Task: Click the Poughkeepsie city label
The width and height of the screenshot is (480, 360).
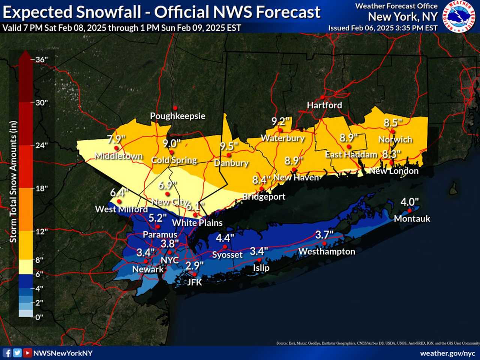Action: point(178,116)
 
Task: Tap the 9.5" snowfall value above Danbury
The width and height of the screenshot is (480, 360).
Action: point(229,146)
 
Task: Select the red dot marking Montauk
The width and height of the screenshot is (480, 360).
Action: point(410,210)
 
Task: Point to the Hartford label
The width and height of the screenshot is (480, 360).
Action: point(324,105)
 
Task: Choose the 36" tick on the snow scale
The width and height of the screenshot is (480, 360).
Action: point(41,59)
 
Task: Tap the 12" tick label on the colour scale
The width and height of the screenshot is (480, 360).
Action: point(41,231)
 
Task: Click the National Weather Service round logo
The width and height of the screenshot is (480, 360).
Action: point(459,16)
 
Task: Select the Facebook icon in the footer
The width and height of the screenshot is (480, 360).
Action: point(7,353)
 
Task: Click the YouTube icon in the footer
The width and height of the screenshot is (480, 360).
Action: point(27,353)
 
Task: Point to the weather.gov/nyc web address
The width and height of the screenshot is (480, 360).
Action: point(447,353)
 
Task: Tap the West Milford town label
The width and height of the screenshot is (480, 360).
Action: point(121,209)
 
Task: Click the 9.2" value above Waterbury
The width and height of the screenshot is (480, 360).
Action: point(280,121)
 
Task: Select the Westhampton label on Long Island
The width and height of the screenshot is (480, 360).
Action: point(327,252)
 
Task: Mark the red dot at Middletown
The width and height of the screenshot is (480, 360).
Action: point(116,148)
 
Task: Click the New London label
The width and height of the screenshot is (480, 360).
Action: point(394,171)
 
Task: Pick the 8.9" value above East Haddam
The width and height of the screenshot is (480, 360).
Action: point(349,138)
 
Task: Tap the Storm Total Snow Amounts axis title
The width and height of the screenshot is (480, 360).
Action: point(13,181)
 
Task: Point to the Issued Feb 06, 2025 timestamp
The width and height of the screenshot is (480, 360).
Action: point(382,28)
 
